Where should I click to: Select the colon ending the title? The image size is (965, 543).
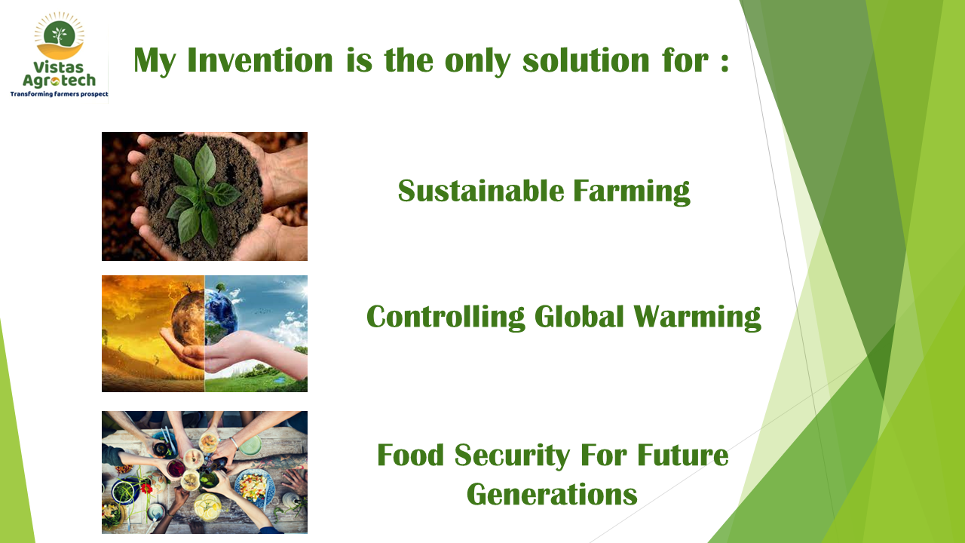point(725,62)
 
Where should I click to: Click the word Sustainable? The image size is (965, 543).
point(481,191)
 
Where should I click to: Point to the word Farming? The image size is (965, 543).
point(632,192)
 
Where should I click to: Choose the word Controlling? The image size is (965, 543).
point(446,318)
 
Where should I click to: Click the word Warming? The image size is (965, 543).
point(697,318)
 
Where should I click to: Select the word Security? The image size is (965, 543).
point(512,456)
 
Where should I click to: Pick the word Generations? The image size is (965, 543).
point(552,494)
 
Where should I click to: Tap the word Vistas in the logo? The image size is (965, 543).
point(59,67)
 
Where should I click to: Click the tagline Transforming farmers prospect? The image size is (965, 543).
point(60,94)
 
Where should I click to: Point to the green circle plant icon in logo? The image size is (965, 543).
point(60,34)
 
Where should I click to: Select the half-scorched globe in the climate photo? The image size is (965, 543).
point(204,318)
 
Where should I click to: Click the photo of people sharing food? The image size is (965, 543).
point(204,472)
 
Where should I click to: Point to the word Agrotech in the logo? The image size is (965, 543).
point(59,81)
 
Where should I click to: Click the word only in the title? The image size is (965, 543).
point(477,61)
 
